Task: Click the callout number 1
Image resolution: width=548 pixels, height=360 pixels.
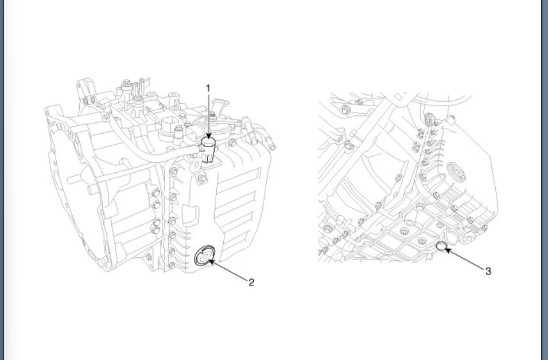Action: coord(208,88)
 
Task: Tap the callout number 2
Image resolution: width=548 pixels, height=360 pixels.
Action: coord(251,282)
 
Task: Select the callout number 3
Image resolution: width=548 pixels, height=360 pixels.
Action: coord(488,270)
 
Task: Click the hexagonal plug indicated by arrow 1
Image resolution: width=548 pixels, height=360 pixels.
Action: coord(209,144)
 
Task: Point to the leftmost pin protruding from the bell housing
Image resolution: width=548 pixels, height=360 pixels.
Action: coord(69,180)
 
